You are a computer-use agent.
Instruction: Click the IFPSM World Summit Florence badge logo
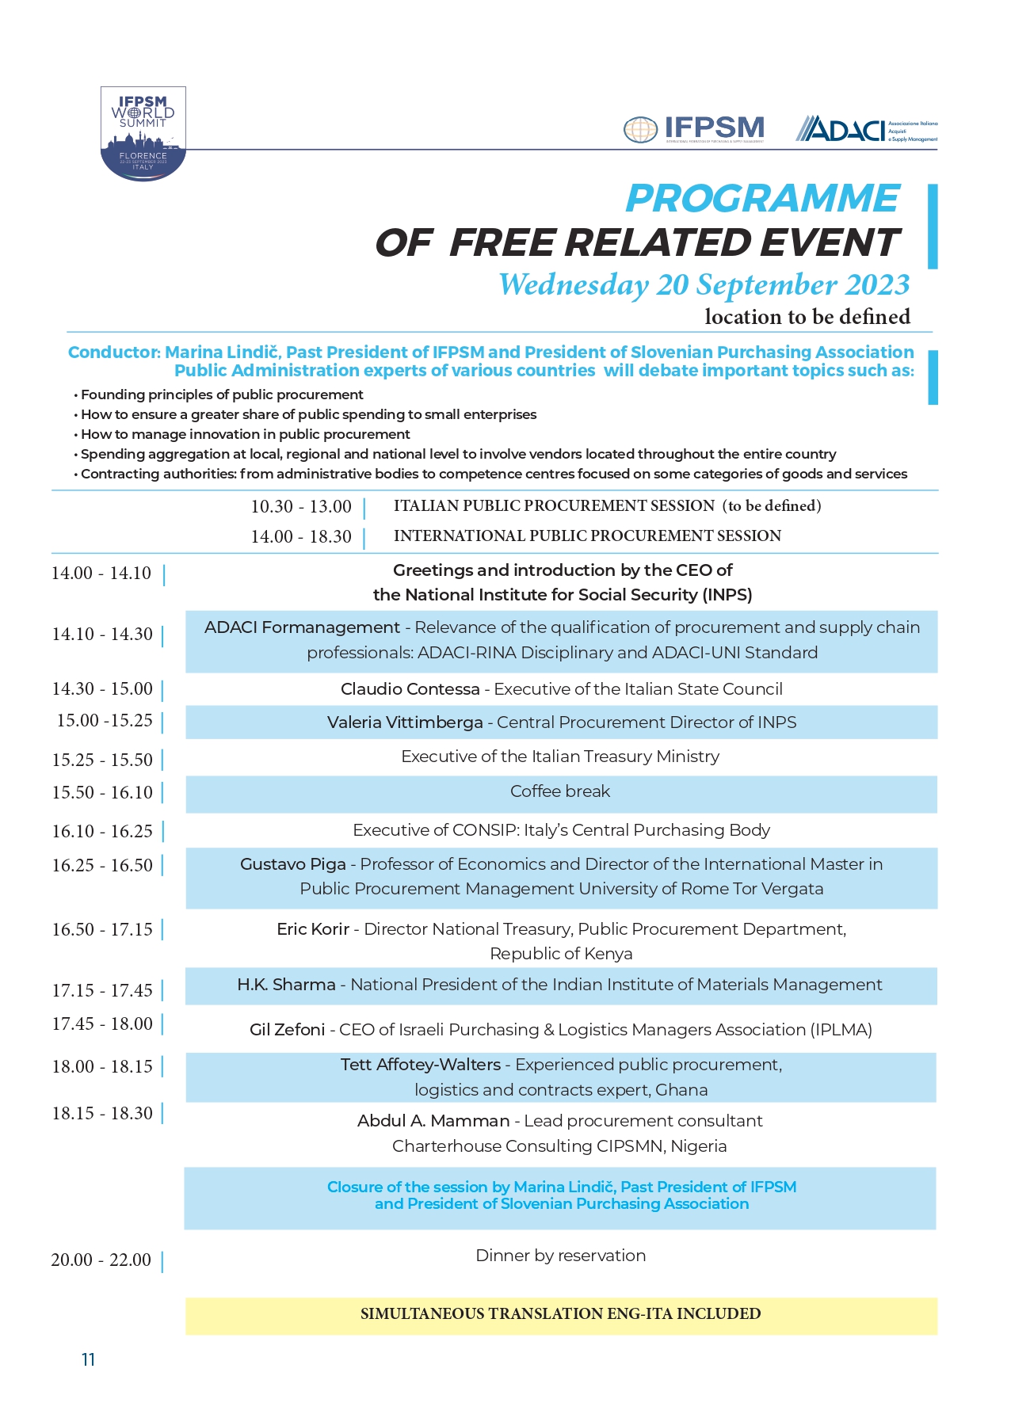(143, 133)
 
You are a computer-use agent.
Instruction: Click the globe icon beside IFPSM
(640, 130)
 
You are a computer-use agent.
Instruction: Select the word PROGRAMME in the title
(762, 199)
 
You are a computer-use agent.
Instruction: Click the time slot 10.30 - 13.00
(301, 507)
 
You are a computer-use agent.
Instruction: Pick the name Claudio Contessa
(410, 689)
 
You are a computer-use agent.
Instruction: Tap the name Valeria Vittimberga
(405, 722)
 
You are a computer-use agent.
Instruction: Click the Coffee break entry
(560, 791)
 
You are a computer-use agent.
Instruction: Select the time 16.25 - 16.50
(102, 866)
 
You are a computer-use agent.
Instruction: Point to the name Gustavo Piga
(293, 864)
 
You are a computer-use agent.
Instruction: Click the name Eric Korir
(313, 929)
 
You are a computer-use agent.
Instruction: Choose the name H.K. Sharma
(286, 985)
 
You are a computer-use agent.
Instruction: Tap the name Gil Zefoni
(287, 1030)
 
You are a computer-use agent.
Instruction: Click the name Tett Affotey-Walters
(421, 1065)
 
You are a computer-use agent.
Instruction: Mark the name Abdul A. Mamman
(433, 1121)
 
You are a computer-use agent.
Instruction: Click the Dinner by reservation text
(560, 1256)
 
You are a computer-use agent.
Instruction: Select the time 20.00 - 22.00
(101, 1260)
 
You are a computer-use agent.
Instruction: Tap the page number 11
(88, 1360)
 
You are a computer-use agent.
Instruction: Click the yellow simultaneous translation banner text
(560, 1314)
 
